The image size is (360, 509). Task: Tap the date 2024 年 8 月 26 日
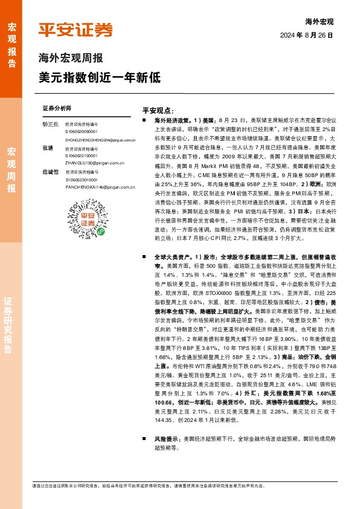tap(307, 35)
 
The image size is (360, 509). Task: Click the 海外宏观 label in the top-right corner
tap(320, 21)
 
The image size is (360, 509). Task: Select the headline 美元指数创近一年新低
tap(99, 77)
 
